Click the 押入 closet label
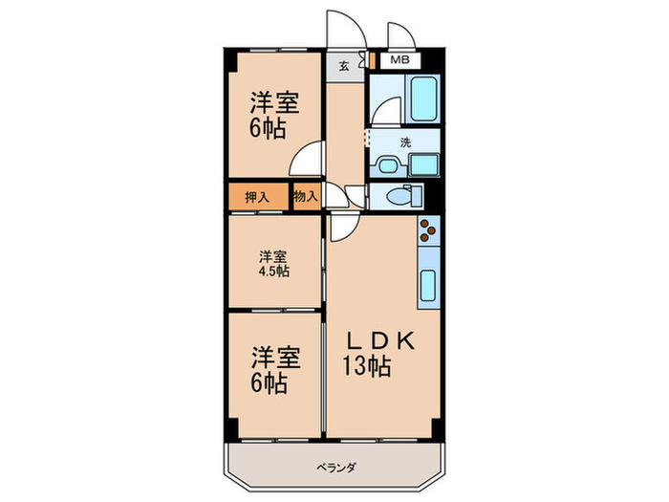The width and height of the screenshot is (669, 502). point(256,197)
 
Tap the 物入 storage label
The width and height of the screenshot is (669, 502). point(306,197)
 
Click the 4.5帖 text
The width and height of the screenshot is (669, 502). point(273,271)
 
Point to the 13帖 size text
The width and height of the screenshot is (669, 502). point(367,366)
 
